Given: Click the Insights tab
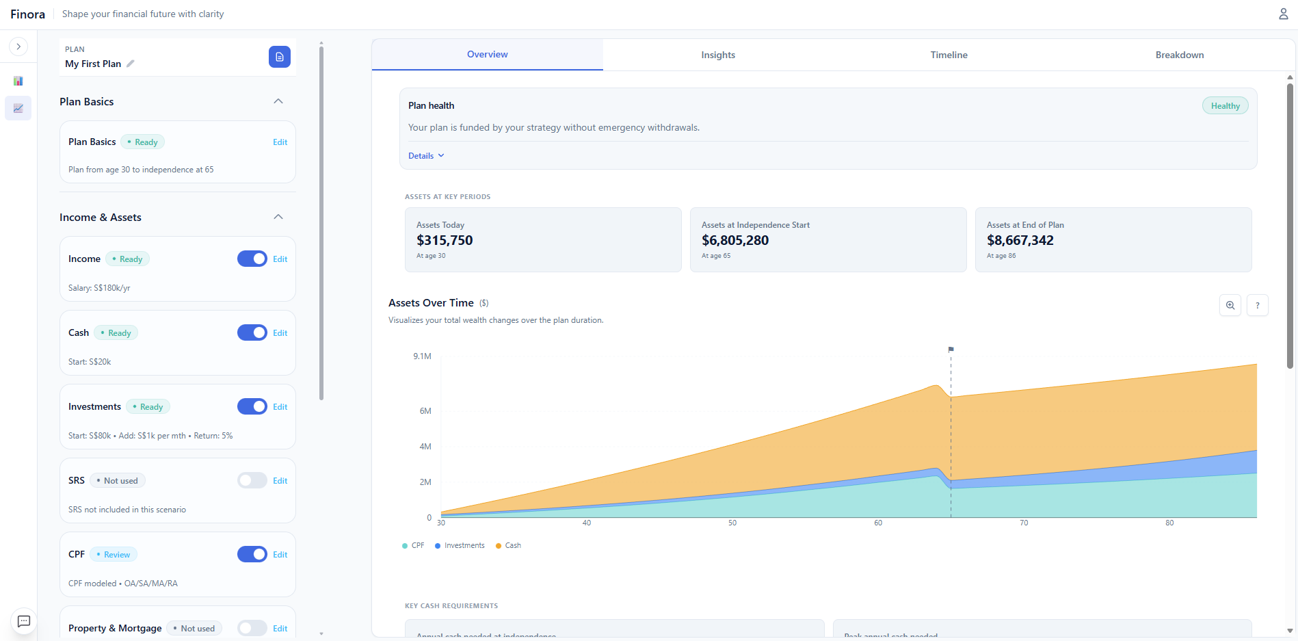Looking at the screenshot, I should tap(718, 55).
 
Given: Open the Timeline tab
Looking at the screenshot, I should tap(949, 55).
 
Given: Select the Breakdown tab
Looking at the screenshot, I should tap(1179, 55).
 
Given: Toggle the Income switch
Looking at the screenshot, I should tap(252, 259).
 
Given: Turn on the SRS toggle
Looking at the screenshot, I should tap(252, 480).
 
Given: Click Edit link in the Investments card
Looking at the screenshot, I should tap(280, 407).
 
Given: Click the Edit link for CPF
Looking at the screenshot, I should tap(280, 555).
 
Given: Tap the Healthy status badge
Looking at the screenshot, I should tap(1225, 106).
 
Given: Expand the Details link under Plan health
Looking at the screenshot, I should tap(426, 156).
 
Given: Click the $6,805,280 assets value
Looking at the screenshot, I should tap(735, 240).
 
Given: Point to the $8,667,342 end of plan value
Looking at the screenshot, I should tap(1020, 240).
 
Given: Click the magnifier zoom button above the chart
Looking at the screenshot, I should tap(1230, 305).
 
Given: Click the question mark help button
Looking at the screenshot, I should tap(1257, 305).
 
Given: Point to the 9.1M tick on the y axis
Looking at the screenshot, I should tap(422, 356).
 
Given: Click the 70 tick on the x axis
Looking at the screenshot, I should tap(1024, 523).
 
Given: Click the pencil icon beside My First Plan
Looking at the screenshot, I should tap(131, 64).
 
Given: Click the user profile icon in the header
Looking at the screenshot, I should tap(1283, 14).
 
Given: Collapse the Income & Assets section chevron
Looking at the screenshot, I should tap(278, 217).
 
